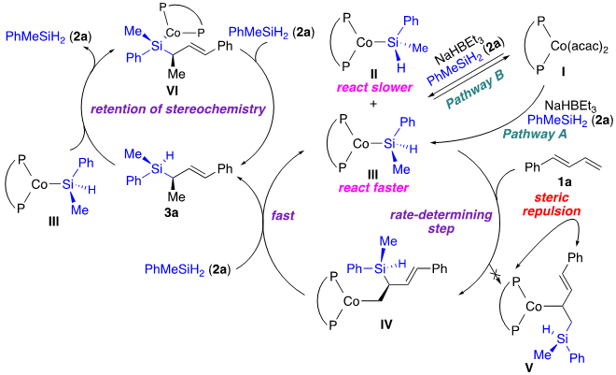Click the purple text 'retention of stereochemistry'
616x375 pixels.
tap(176, 108)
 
